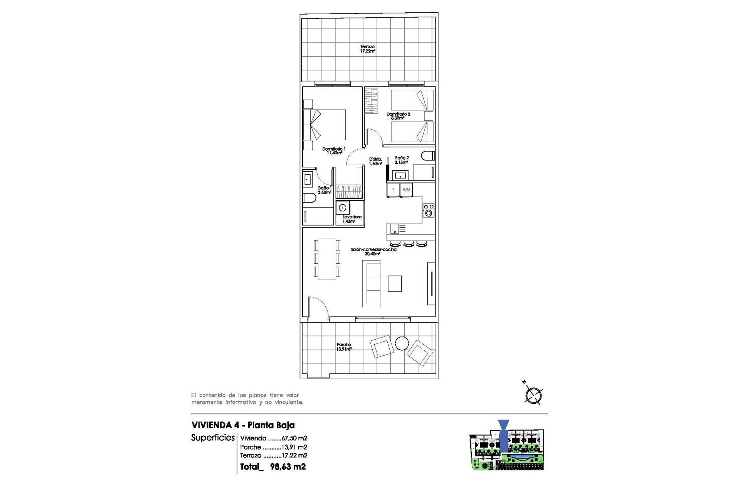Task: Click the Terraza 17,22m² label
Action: pos(367,49)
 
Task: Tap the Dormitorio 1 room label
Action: pos(334,151)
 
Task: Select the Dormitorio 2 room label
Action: pos(398,116)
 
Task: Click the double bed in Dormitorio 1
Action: pos(325,125)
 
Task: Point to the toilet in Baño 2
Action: pos(428,156)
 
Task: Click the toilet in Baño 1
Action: pos(309,198)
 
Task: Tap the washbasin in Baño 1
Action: pos(308,179)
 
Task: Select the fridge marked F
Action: pos(393,190)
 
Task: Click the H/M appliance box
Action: pos(406,190)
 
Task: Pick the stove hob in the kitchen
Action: pos(428,210)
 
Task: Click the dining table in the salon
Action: pos(327,259)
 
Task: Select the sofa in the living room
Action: pos(371,283)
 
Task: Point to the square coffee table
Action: pos(394,284)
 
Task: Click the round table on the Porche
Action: pos(402,343)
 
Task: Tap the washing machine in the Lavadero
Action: pos(343,208)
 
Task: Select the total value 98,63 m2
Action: pos(288,467)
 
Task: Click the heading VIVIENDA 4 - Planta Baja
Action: pos(243,425)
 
